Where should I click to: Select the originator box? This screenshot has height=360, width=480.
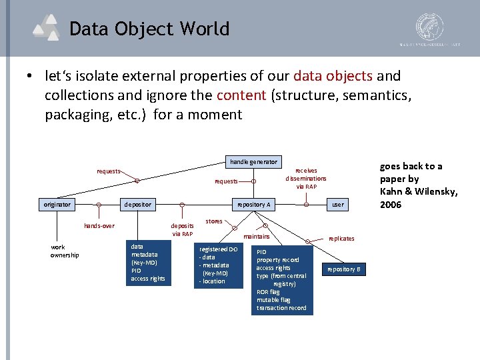tap(56, 204)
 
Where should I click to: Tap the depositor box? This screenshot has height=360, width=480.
tap(137, 204)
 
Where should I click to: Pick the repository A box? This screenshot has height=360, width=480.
tap(253, 204)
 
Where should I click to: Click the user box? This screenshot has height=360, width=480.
tap(338, 204)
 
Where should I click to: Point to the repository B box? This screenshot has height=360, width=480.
tap(344, 269)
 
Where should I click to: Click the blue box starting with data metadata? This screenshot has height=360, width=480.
tap(149, 263)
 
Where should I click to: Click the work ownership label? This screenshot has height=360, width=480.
tap(65, 251)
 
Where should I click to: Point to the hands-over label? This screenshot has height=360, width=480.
tap(99, 226)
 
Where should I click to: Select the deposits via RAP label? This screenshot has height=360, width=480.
tap(182, 230)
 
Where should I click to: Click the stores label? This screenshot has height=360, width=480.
tap(214, 221)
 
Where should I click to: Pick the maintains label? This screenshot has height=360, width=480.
tap(257, 236)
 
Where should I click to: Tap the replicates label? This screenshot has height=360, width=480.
tap(341, 238)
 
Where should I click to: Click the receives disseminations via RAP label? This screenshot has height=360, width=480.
tap(306, 179)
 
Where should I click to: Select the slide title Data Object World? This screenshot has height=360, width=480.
tap(149, 29)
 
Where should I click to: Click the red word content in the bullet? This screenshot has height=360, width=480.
tap(241, 95)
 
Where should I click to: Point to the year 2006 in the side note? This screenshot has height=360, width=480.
tap(391, 205)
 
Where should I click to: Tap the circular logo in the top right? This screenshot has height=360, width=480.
tap(429, 26)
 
